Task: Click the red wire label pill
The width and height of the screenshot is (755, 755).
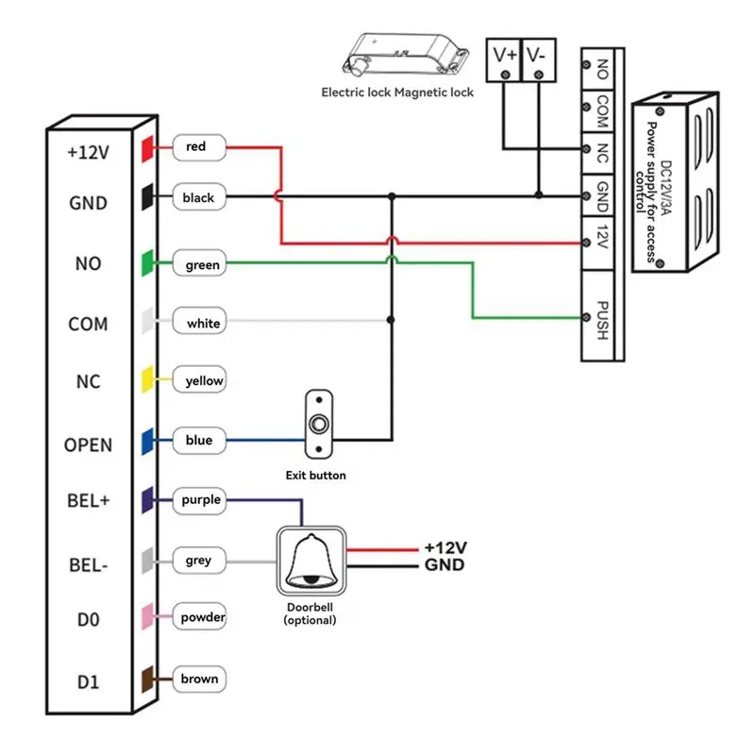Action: tap(199, 147)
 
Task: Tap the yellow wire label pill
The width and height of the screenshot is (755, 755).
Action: tap(199, 380)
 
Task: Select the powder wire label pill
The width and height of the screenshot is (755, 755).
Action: tap(199, 616)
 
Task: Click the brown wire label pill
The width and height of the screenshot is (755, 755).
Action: tap(199, 679)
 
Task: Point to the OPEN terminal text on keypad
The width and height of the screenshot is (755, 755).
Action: tap(88, 445)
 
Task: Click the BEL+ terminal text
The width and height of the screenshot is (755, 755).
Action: tap(89, 501)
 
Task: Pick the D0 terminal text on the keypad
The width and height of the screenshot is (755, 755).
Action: tap(89, 620)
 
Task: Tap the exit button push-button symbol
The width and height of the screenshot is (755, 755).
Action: tap(319, 424)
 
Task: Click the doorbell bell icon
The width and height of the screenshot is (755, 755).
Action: tap(311, 561)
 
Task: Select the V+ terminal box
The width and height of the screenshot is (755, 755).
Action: tap(504, 60)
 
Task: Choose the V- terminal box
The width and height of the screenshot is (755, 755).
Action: tap(539, 60)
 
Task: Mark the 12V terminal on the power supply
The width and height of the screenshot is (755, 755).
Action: tap(597, 243)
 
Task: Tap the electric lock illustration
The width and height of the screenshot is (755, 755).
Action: tap(406, 54)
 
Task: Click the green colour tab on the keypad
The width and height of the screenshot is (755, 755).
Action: tap(147, 263)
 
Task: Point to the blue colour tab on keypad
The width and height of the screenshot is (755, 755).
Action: tap(147, 441)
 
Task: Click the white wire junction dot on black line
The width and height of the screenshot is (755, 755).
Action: tap(391, 320)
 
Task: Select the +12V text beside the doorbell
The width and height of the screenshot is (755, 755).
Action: tap(445, 548)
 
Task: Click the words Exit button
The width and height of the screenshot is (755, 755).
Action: tap(316, 476)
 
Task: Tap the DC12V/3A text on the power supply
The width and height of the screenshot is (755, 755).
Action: tap(666, 188)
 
